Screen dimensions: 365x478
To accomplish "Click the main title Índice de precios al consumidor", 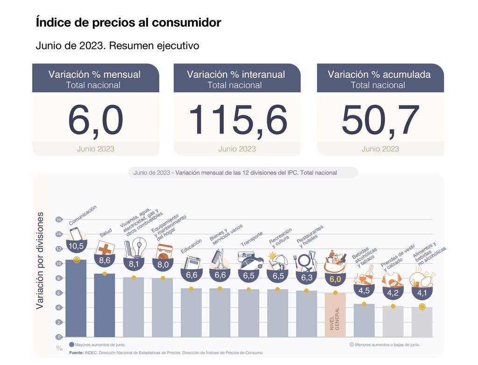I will click(128, 22).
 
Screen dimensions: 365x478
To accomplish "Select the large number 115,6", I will click(237, 120).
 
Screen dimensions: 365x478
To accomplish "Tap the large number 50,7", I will click(380, 120).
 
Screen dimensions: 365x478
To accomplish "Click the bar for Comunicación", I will click(76, 299).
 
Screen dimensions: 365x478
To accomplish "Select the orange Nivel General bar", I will click(335, 315).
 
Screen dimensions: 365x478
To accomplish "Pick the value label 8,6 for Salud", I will click(105, 260).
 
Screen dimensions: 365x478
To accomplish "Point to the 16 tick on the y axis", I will click(58, 219).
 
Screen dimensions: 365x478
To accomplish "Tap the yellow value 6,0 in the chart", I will click(335, 280).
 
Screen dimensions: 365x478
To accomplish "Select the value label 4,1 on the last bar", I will click(422, 293).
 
